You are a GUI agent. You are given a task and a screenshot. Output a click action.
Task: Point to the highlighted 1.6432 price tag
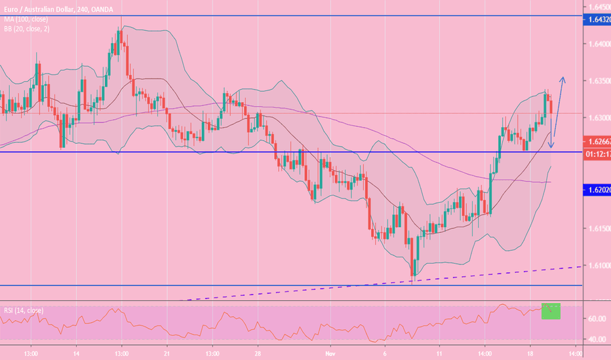click(596, 20)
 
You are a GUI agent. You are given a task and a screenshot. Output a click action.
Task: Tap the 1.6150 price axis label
click(596, 229)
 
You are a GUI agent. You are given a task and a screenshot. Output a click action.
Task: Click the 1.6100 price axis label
click(596, 266)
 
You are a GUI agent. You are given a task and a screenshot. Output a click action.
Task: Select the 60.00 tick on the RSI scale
click(596, 319)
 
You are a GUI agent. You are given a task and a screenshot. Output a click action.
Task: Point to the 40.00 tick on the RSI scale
click(596, 340)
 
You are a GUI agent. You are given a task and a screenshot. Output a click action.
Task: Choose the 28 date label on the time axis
click(258, 351)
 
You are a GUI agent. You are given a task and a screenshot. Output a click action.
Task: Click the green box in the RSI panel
click(551, 311)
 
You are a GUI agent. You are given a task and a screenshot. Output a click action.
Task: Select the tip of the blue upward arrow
click(562, 78)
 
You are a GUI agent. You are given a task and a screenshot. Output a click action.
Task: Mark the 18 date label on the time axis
click(530, 351)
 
